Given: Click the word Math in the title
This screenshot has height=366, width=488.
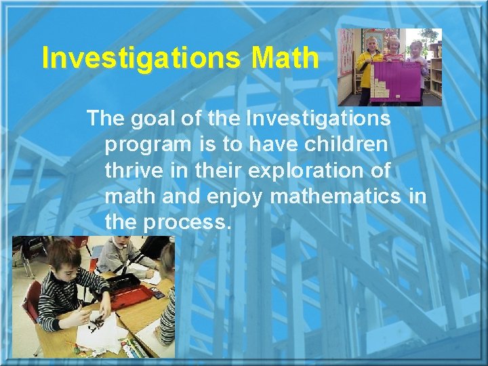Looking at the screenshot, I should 284,58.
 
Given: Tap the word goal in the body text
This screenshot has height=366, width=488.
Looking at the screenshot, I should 156,119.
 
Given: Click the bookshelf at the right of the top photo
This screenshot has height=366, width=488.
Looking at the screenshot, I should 435,75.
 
